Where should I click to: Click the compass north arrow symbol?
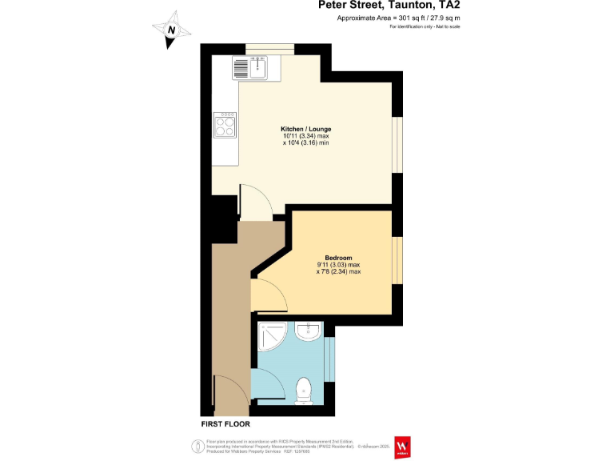171,30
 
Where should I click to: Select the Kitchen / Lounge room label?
305,129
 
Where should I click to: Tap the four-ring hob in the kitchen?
225,125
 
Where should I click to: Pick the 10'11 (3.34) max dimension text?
305,137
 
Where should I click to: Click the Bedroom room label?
338,257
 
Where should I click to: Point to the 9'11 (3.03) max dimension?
338,265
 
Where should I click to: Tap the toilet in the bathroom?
304,391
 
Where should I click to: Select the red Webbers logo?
403,447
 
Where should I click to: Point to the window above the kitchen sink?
268,47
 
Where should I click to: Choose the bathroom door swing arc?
265,383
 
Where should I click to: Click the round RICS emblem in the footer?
196,446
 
